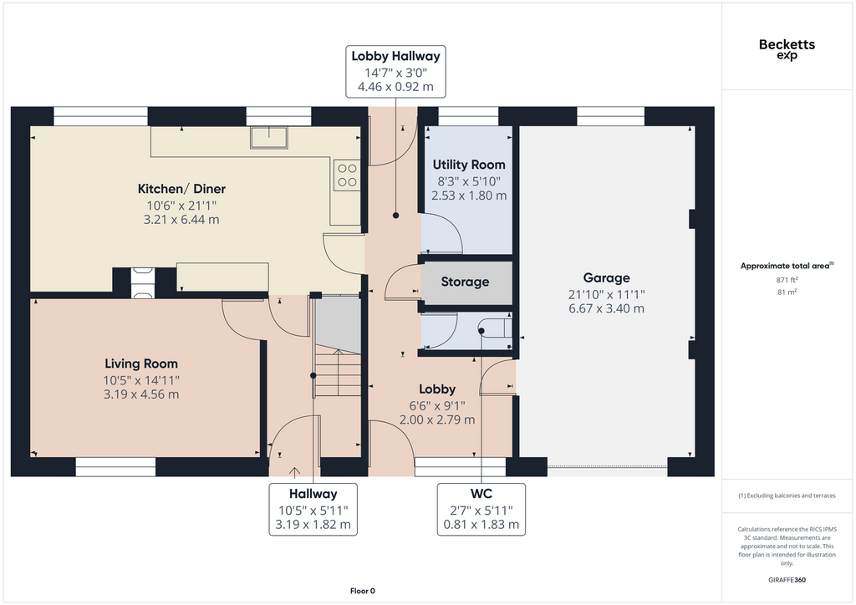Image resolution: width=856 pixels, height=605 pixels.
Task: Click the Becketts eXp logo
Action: pyautogui.click(x=787, y=49)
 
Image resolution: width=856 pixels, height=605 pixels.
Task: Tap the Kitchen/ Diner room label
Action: pyautogui.click(x=181, y=189)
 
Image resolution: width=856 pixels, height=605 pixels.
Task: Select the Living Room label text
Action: pyautogui.click(x=141, y=364)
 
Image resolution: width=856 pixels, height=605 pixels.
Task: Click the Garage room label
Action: pyautogui.click(x=607, y=277)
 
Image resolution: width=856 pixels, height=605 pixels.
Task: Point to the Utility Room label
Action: pyautogui.click(x=469, y=165)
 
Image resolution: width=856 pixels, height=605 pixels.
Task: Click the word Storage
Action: pyautogui.click(x=465, y=282)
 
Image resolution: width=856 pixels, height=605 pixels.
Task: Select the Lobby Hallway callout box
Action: pyautogui.click(x=395, y=72)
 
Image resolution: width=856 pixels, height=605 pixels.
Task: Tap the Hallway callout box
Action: pyautogui.click(x=313, y=509)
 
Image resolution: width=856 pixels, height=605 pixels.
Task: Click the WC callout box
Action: pyautogui.click(x=481, y=509)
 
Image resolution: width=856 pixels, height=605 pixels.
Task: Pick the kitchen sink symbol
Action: pyautogui.click(x=269, y=138)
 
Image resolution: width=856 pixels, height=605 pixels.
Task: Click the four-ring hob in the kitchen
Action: pyautogui.click(x=347, y=175)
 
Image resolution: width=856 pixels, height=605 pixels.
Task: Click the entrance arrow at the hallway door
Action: pyautogui.click(x=295, y=472)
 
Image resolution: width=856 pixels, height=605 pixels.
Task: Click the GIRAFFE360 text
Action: pyautogui.click(x=787, y=580)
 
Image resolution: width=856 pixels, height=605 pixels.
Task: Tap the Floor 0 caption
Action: pyautogui.click(x=363, y=591)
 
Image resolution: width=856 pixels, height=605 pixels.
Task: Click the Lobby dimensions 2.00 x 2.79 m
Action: pyautogui.click(x=437, y=420)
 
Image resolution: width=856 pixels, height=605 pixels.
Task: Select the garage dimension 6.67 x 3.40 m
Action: pyautogui.click(x=607, y=309)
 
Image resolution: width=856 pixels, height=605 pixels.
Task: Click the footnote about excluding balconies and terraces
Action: pyautogui.click(x=787, y=496)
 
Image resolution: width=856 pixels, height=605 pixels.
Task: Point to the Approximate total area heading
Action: pyautogui.click(x=787, y=266)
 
